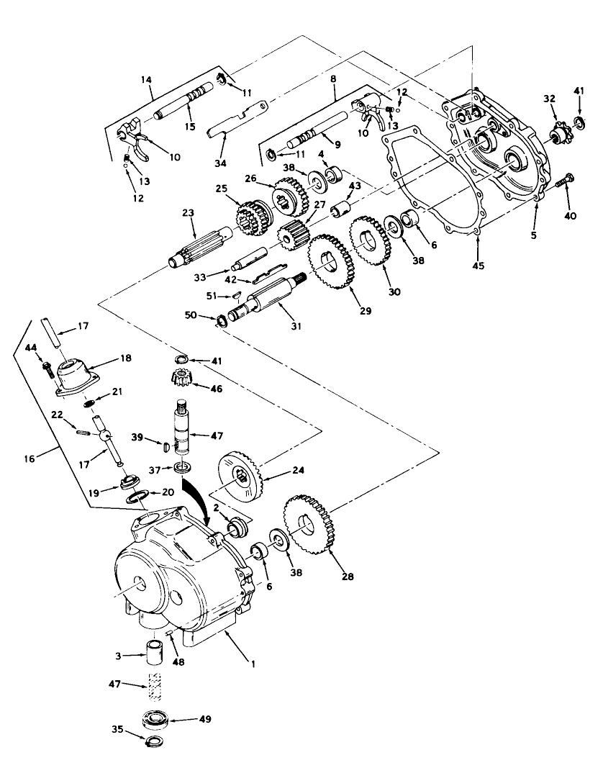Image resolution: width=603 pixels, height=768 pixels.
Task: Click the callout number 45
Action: click(x=479, y=266)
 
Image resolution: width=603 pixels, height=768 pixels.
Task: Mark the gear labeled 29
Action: click(x=330, y=261)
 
